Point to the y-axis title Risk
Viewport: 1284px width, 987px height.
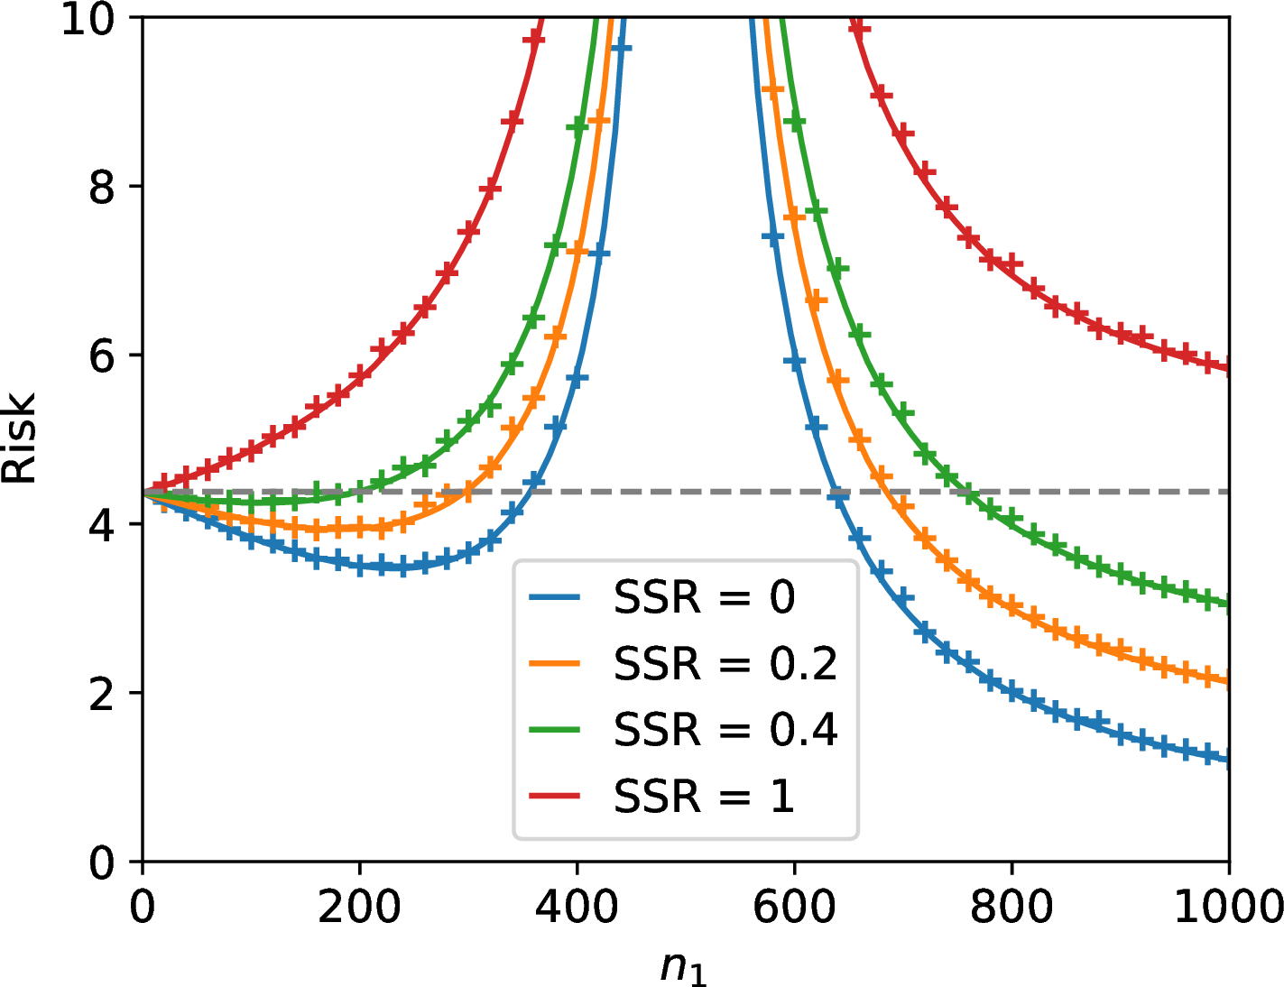(18, 438)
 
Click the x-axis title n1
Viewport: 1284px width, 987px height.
(684, 969)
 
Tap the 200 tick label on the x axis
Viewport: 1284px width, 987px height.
(359, 907)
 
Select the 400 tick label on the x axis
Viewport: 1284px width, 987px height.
(577, 907)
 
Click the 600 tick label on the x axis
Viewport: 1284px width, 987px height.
(794, 907)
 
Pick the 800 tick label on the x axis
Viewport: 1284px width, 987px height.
(1011, 907)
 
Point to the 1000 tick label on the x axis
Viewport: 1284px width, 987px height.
(1228, 907)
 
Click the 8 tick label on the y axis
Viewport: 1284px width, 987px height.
(102, 187)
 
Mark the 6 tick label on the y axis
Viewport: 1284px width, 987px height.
(102, 355)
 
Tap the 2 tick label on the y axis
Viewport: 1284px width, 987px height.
(102, 693)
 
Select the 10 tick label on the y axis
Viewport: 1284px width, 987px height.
(88, 20)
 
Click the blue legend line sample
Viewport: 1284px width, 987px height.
(554, 598)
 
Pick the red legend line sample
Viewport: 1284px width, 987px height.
(554, 797)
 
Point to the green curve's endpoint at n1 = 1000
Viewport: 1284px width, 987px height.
(1229, 604)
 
